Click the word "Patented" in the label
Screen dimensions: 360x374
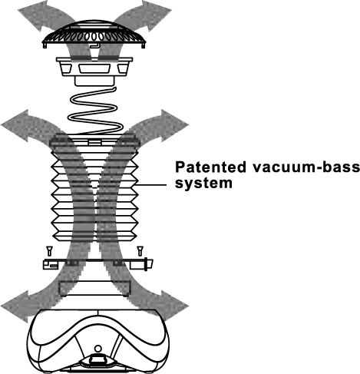[210, 167]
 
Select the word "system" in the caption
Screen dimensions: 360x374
[203, 184]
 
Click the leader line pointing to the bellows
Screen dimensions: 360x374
[150, 184]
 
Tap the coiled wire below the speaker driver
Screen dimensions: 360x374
[95, 111]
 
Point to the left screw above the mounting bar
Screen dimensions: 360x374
[50, 250]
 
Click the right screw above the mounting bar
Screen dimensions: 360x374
[140, 250]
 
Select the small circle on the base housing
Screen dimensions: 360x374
[98, 349]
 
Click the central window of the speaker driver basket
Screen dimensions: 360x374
[94, 68]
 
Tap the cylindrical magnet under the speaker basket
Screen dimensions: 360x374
[94, 81]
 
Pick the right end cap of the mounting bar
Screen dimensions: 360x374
[149, 264]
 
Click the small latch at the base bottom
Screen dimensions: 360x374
[97, 359]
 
